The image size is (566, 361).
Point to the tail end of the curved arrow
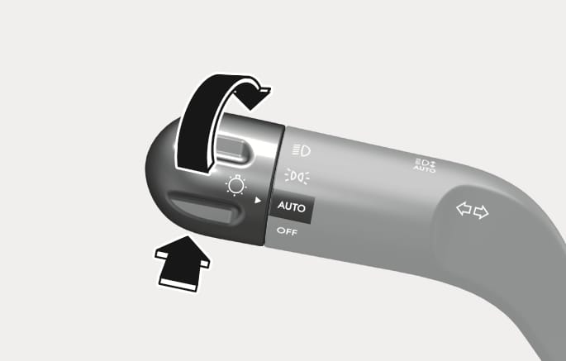coord(193,168)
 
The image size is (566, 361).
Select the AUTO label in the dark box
coord(292,207)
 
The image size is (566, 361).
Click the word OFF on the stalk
coord(287,231)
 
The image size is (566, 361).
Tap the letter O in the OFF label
coord(280,230)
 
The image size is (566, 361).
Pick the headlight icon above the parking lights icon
coord(302,150)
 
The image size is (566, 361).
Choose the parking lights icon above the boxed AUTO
coord(297,177)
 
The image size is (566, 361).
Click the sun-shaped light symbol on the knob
coord(236,185)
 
